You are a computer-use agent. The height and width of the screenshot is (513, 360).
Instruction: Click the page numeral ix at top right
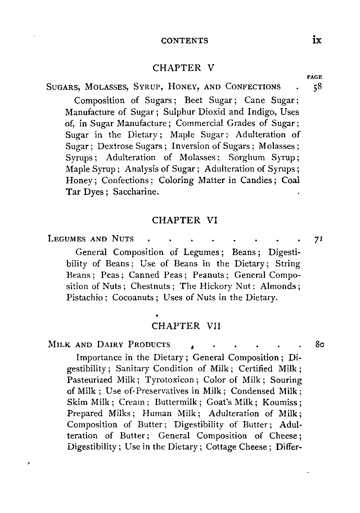coord(317,40)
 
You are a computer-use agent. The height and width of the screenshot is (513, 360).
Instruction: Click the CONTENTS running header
coord(185,41)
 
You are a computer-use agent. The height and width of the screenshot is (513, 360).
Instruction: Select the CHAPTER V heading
coord(184,68)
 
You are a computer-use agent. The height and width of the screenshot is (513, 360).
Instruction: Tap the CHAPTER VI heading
coord(185,220)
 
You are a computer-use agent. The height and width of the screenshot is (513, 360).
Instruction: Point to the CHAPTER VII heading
coord(186,326)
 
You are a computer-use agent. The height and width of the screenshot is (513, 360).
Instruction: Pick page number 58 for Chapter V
coord(316,87)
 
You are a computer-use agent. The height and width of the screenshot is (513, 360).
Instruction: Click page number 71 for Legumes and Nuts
coord(316,239)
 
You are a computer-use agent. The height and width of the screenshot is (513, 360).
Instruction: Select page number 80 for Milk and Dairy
coord(316,344)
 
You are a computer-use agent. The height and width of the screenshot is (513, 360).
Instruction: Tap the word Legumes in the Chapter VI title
coord(66,239)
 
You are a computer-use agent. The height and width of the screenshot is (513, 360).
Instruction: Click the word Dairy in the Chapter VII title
coord(110,344)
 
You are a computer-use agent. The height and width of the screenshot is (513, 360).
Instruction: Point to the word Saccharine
coord(136,192)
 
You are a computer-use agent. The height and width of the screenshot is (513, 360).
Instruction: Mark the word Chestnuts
coord(150,286)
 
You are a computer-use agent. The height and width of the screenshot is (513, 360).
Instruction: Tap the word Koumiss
coord(282,402)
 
